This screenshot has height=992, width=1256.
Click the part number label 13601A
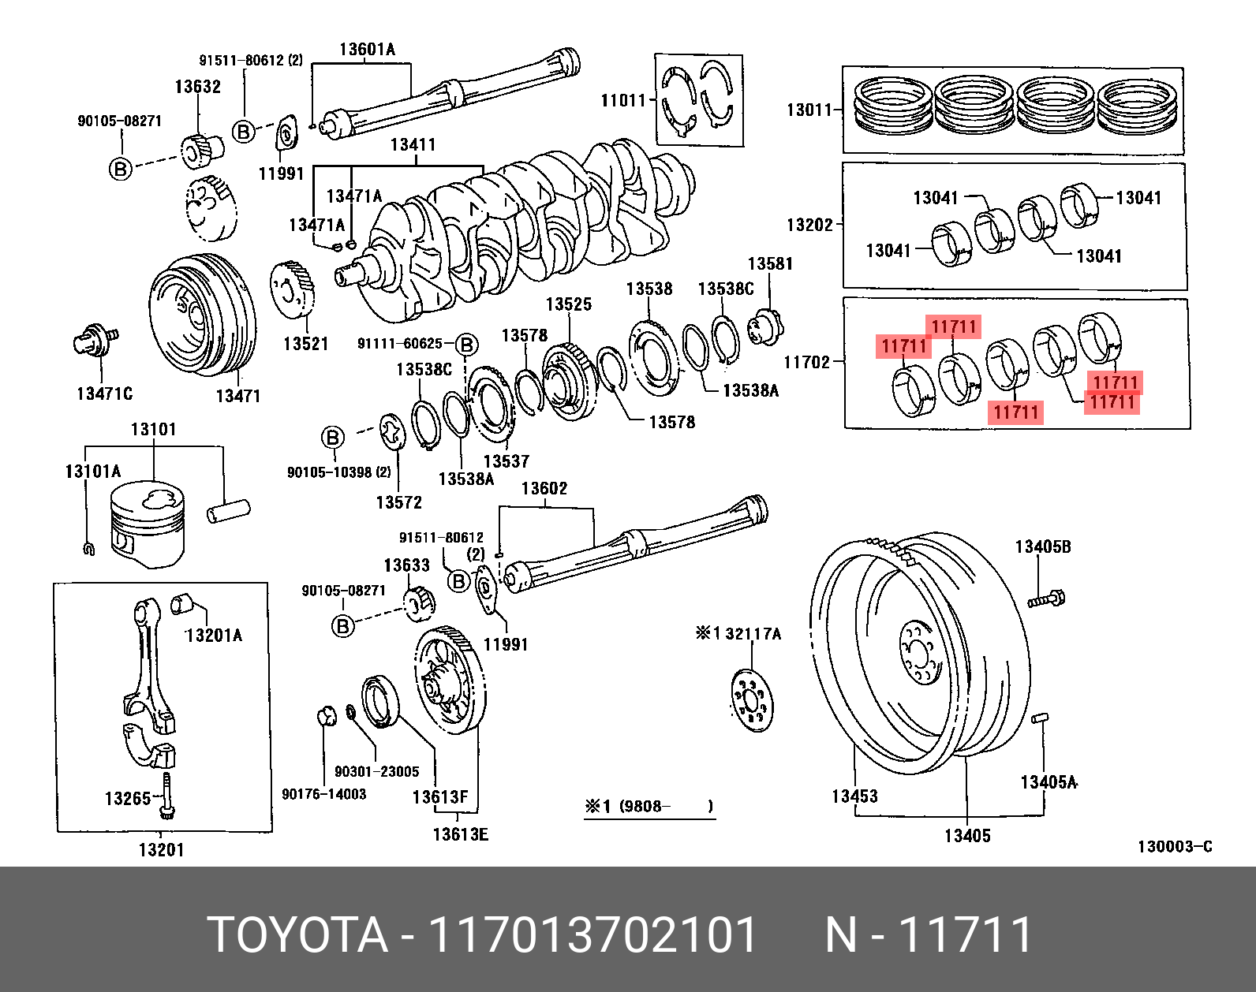pos(367,50)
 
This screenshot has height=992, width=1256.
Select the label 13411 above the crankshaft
pos(413,145)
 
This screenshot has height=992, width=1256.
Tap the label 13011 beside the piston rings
pos(809,110)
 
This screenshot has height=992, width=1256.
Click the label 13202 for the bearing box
pos(809,226)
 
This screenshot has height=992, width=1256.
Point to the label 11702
pos(806,363)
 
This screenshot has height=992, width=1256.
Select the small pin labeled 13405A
pos(1039,718)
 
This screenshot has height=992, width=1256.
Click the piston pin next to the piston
pos(228,510)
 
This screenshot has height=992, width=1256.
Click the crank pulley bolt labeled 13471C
pos(95,341)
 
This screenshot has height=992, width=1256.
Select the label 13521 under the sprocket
pos(305,344)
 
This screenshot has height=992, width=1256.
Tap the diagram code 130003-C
pos(1174,847)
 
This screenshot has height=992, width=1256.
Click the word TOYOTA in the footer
pos(297,935)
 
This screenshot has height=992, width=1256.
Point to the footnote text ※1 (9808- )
pos(649,807)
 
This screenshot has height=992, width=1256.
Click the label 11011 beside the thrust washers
pos(622,101)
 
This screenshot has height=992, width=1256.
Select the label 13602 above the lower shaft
pos(544,489)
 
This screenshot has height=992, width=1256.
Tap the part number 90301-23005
pos(376,772)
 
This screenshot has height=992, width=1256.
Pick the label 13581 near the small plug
pos(769,264)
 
